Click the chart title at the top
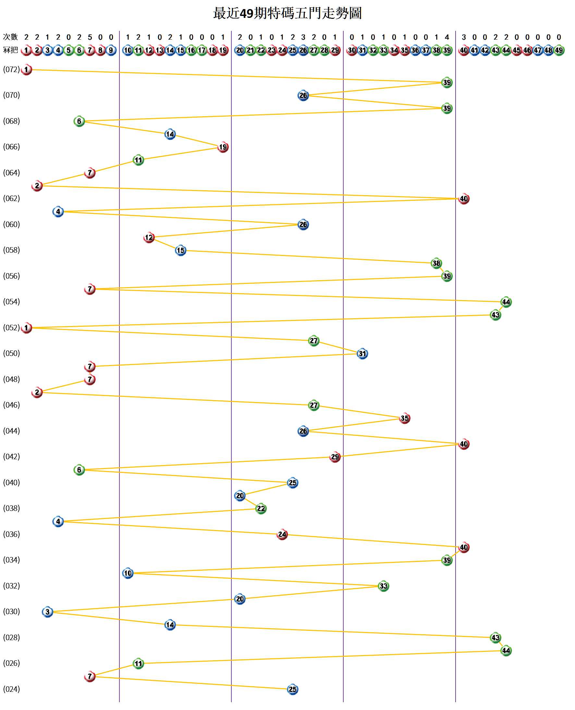[287, 13]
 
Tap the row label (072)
[12, 69]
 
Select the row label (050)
[12, 353]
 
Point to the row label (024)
[12, 689]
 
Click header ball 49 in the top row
[559, 50]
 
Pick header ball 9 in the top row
[111, 50]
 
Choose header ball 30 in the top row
[352, 50]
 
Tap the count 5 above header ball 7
[90, 37]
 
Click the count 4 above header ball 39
[447, 37]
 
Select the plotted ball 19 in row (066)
[223, 147]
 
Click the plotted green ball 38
[436, 263]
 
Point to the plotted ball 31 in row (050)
[362, 354]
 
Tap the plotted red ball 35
[404, 418]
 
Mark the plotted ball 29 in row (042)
[335, 457]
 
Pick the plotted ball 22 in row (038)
[261, 509]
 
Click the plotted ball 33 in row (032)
[383, 586]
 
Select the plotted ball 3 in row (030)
[47, 612]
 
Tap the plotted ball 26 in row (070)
[303, 95]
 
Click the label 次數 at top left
[10, 37]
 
